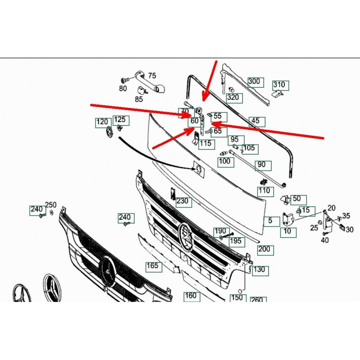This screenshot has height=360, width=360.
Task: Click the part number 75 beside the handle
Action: point(152,76)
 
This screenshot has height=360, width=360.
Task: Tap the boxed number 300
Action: point(254,81)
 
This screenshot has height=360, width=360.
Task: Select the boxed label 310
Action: point(279,85)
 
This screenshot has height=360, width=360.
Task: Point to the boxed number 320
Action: point(233,97)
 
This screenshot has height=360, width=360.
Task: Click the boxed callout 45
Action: point(256,121)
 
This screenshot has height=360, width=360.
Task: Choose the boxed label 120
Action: point(103,122)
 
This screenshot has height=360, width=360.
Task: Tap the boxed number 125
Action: point(120,120)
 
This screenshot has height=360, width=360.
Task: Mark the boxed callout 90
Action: point(261,165)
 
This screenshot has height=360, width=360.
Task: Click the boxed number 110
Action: point(264,190)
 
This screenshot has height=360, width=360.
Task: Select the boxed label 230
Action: point(182,201)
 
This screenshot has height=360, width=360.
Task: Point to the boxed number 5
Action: point(270,221)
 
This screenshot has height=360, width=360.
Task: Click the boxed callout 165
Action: point(153,266)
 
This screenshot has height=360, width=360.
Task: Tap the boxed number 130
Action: point(259,270)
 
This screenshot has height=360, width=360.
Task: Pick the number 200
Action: point(264,249)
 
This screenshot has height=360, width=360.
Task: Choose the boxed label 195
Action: point(235,241)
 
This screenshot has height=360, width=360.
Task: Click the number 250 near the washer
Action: point(51,205)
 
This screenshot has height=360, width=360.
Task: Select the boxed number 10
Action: point(288,232)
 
